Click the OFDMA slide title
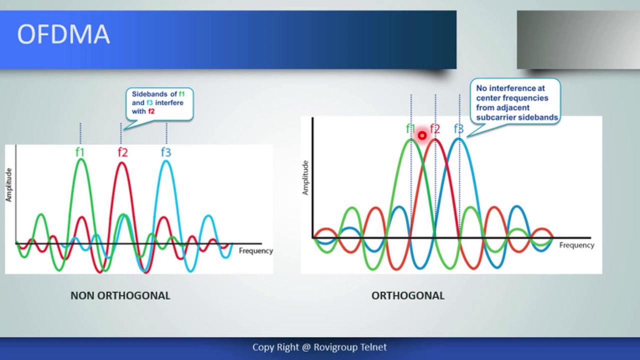click(63, 35)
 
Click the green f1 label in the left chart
click(80, 152)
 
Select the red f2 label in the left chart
click(122, 152)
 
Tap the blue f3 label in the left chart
click(166, 152)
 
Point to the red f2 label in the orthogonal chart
click(435, 129)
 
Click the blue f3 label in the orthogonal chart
click(458, 129)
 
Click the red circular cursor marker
click(422, 135)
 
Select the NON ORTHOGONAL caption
click(120, 295)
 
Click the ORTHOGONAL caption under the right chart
click(407, 295)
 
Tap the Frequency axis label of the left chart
click(255, 250)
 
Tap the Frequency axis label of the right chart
click(576, 245)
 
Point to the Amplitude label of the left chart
click(8, 185)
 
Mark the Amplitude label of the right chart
click(305, 177)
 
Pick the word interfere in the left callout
click(169, 102)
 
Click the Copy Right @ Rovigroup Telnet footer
click(319, 347)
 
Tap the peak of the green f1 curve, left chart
click(81, 160)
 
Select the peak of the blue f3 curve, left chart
click(166, 161)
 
